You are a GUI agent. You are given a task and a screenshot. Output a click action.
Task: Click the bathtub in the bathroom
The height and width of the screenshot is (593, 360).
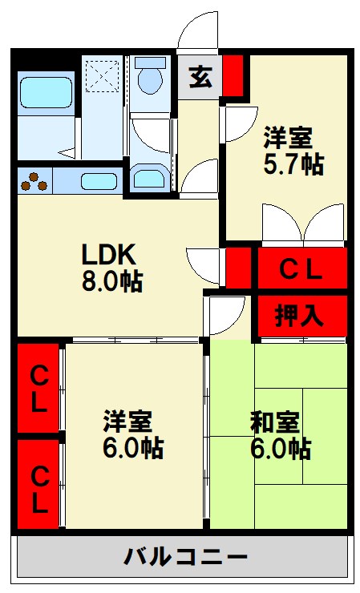tap(47, 93)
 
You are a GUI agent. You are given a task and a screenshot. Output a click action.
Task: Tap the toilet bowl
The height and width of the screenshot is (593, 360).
tap(149, 79)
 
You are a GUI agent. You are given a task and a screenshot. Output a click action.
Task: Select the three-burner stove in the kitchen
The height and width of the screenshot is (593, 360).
tap(34, 181)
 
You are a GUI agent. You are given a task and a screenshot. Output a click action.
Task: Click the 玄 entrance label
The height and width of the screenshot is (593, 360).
tap(199, 79)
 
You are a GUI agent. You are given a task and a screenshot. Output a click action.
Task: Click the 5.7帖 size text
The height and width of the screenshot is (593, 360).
tap(293, 164)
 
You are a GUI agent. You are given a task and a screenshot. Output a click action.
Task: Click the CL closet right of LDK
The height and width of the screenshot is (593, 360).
tap(301, 269)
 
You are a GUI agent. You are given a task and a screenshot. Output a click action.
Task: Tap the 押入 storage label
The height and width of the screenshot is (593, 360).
tap(301, 315)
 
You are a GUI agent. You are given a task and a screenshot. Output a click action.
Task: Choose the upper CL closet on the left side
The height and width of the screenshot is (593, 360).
tap(38, 389)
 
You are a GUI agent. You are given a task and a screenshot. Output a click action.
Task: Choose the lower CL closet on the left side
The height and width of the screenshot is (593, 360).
tap(38, 486)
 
